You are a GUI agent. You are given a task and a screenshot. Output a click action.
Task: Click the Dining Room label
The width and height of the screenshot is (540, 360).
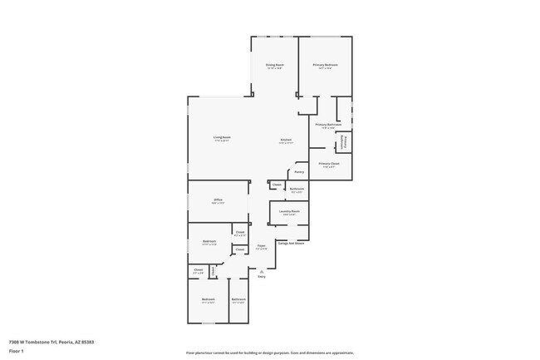274,65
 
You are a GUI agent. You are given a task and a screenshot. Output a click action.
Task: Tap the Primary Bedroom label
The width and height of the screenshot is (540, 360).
325,65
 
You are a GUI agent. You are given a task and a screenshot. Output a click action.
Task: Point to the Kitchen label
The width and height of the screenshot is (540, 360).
285,140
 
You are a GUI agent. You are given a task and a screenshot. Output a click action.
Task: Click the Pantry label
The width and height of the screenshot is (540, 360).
299,172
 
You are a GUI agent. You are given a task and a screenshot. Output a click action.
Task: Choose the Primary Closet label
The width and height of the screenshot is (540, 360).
329,164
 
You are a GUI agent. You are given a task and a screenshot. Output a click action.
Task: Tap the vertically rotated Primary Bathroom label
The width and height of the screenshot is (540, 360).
343,142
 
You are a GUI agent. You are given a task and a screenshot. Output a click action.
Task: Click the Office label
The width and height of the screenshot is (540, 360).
218,200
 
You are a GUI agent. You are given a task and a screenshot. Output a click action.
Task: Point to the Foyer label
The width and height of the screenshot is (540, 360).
261,245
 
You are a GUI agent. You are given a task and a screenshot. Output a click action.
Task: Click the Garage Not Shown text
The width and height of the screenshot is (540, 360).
291,244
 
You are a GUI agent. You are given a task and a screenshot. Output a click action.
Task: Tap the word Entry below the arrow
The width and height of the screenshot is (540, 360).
261,277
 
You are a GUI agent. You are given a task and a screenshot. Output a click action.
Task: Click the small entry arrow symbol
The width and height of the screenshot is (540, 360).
261,269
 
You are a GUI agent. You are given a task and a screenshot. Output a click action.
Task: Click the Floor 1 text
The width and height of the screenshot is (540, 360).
17,352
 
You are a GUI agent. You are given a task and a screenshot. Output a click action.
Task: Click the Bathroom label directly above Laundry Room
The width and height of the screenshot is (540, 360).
297,189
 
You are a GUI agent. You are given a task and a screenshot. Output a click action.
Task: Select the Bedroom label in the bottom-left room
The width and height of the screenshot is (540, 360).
208,299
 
